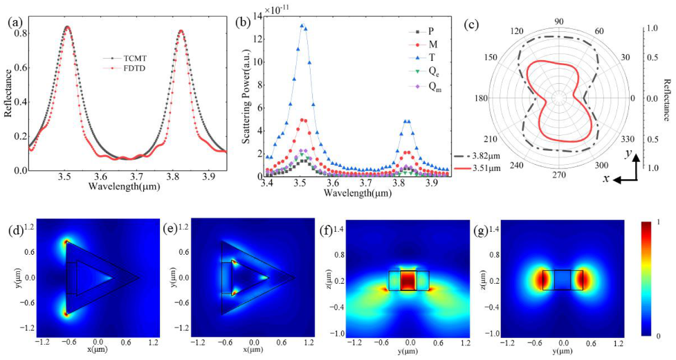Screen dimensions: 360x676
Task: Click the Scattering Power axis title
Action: click(247, 91)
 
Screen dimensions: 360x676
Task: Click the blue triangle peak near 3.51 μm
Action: click(302, 26)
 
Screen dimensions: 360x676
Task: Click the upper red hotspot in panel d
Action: click(66, 242)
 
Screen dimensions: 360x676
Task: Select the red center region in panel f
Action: click(408, 280)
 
